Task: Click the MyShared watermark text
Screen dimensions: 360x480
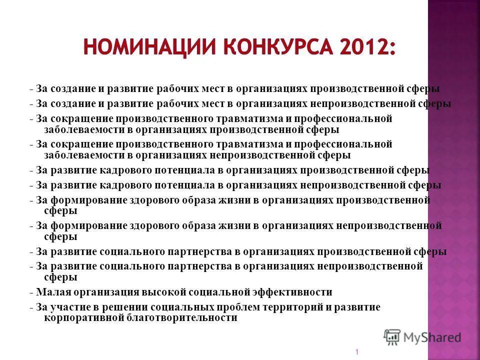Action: tap(432, 337)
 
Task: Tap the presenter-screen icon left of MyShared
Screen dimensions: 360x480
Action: tap(392, 337)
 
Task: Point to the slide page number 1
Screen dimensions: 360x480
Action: tap(357, 352)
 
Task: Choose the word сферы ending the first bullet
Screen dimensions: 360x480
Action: tap(424, 89)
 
